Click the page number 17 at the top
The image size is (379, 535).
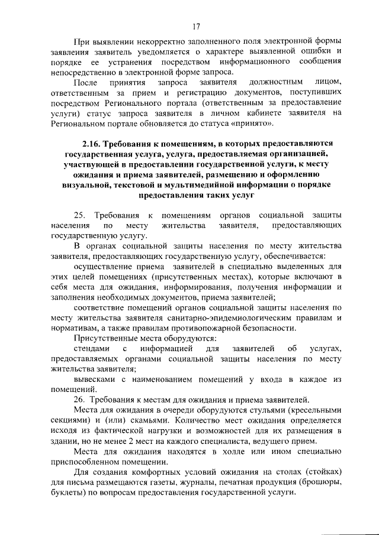(x=196, y=26)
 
